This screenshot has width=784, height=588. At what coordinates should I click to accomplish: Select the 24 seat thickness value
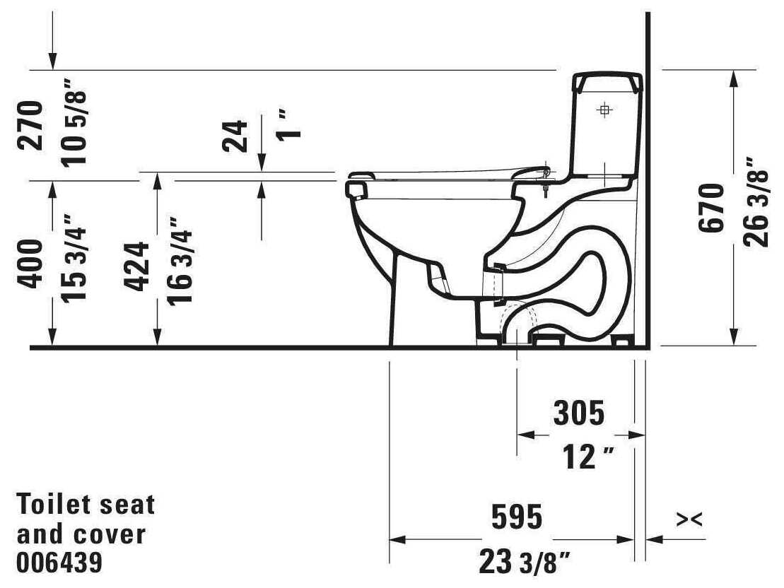(236, 136)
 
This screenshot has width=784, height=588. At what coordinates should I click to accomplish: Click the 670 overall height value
(711, 208)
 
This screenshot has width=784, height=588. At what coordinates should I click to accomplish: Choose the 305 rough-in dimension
(579, 414)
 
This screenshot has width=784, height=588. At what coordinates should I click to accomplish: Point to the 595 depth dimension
(517, 517)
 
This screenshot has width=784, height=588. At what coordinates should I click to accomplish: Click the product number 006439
(59, 563)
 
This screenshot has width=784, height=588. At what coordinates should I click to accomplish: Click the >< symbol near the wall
(689, 520)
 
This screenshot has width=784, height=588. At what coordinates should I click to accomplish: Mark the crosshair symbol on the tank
(604, 110)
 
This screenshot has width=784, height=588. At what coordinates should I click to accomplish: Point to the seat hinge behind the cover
(546, 172)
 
